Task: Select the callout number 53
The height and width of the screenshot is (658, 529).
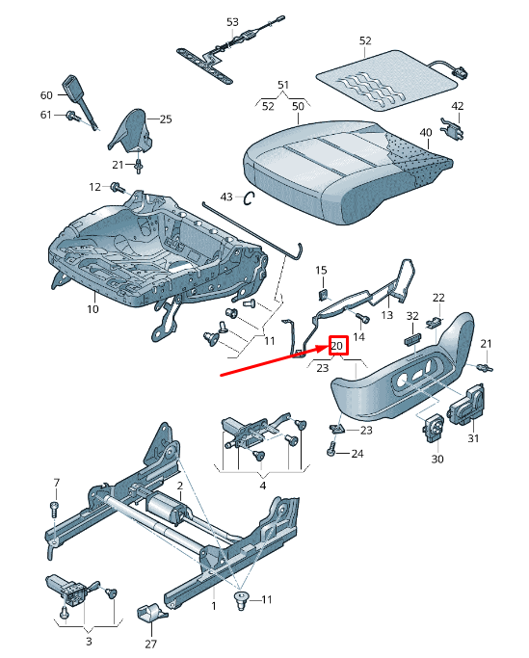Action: pos(232,21)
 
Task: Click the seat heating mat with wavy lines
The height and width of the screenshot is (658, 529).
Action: pos(384,74)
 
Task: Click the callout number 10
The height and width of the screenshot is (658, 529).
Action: pos(93,309)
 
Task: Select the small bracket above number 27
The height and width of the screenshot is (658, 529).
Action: pos(150,614)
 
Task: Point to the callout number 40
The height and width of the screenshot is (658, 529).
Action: pos(425,132)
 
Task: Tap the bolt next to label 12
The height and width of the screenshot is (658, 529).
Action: pos(117,187)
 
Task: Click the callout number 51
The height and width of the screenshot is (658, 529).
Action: pos(282,86)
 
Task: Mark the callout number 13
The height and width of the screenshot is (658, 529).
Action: pos(387,314)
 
